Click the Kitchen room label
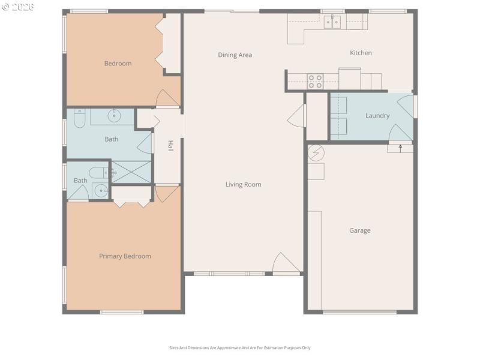click(x=361, y=53)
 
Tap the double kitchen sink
click(x=331, y=22)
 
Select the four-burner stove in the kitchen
click(x=315, y=80)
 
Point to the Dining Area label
click(x=235, y=55)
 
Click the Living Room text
click(x=243, y=185)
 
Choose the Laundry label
click(x=377, y=116)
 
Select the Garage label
click(x=360, y=230)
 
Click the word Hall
click(x=170, y=146)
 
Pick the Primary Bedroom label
click(x=125, y=256)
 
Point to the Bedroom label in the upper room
click(x=118, y=64)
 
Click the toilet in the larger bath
click(x=79, y=118)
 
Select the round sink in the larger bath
click(x=115, y=115)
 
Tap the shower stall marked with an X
click(x=132, y=172)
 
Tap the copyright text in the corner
click(x=18, y=7)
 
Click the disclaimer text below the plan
click(x=239, y=347)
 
